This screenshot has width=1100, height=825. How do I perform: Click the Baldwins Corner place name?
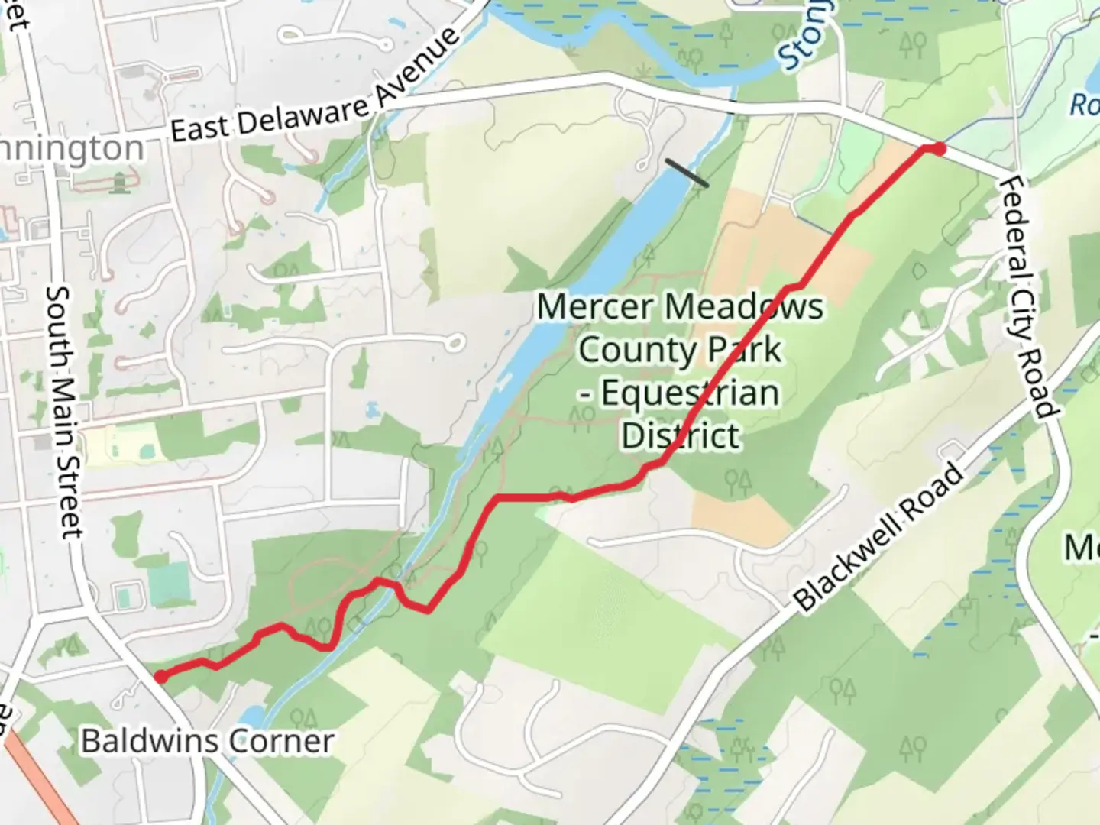pos(208,741)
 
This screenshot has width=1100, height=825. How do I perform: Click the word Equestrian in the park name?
pos(690,393)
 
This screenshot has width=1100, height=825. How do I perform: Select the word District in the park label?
pos(681,436)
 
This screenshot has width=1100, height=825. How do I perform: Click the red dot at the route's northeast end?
pos(939,149)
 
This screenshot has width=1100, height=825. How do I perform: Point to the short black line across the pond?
pos(686,173)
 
